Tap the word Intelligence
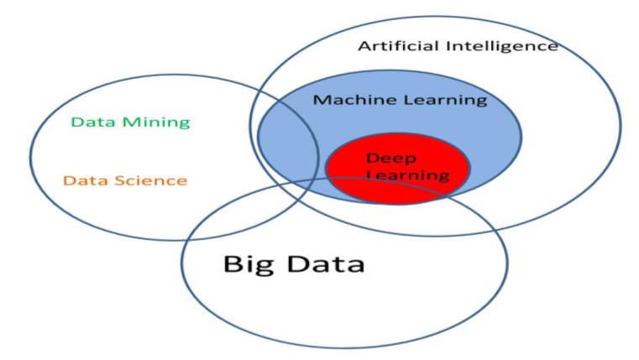(502, 47)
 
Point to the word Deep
(391, 159)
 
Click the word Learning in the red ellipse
(408, 175)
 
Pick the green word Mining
(156, 123)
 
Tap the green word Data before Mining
(93, 122)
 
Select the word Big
(249, 264)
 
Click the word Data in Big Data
(326, 263)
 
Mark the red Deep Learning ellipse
(398, 168)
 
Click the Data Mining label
(131, 123)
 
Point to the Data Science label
(125, 180)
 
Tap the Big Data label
(294, 264)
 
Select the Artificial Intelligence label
(458, 47)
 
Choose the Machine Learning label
(401, 101)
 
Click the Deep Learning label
(408, 167)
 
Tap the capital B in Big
(233, 263)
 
